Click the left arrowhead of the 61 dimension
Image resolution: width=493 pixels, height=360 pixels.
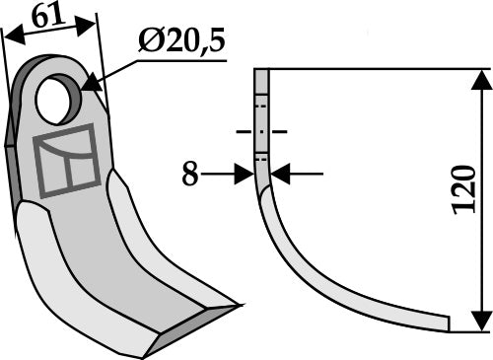tap(9, 36)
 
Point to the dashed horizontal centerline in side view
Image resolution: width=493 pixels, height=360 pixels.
tap(261, 130)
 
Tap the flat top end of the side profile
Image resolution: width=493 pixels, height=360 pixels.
tap(261, 71)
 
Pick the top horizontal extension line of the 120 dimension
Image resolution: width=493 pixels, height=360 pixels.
tap(375, 69)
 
